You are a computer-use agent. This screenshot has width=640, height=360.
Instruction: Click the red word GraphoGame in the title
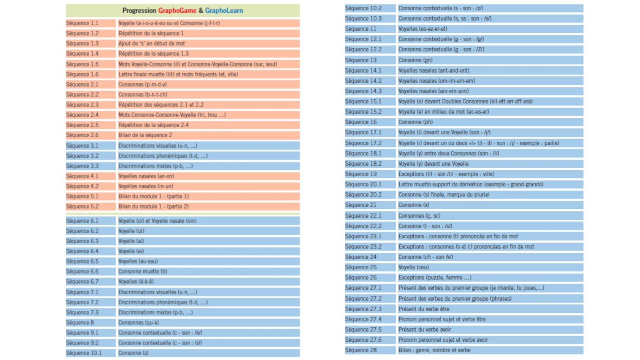(177, 11)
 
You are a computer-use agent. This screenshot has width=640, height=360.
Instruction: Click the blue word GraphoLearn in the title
(224, 11)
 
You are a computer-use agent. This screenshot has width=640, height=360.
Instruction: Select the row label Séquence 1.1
(82, 23)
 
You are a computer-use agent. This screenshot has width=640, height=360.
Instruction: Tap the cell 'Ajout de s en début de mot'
(152, 44)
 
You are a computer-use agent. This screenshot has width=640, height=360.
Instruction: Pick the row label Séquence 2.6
(82, 135)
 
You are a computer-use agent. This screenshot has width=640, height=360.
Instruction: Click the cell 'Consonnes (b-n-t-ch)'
(143, 95)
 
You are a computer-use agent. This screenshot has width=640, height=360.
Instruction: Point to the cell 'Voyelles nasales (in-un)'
(146, 186)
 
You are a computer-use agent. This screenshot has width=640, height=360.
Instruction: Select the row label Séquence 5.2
(82, 207)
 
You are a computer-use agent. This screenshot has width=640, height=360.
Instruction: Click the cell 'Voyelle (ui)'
(131, 231)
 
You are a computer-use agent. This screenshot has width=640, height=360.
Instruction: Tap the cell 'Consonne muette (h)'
(143, 272)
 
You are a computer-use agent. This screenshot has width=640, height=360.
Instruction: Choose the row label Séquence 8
(80, 323)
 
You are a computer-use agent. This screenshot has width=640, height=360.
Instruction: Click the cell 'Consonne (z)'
(133, 353)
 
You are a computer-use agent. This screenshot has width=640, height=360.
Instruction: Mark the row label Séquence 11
(361, 29)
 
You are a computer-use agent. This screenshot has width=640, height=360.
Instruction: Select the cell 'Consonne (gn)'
(415, 60)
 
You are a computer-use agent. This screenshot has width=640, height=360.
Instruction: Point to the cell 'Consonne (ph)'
(416, 122)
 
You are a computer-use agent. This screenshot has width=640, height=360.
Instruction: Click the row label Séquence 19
(361, 174)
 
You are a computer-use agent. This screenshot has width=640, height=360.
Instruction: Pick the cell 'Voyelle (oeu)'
(414, 267)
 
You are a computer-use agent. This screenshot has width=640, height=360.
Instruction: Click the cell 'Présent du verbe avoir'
(425, 330)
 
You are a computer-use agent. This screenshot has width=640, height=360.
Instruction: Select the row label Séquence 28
(361, 350)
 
